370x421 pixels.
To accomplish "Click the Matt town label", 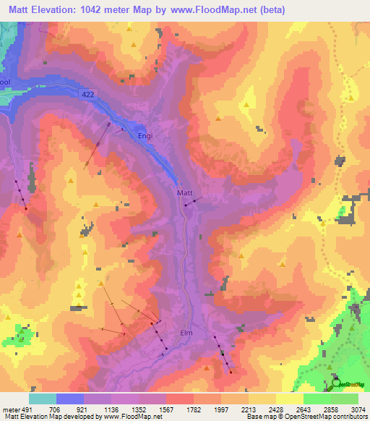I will click(x=185, y=193).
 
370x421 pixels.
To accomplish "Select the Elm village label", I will click(x=186, y=333).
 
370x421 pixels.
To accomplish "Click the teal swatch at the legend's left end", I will click(x=42, y=399).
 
